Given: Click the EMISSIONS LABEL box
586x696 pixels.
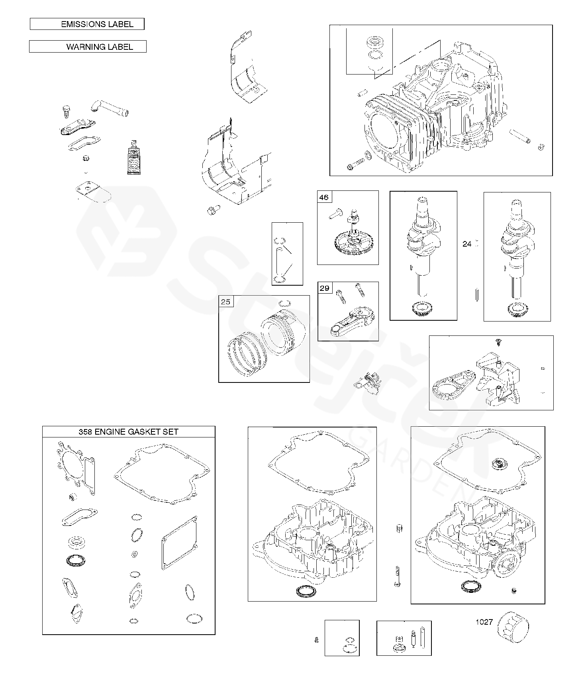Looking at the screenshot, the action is tap(87, 24).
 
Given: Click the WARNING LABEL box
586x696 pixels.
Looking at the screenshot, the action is tap(88, 47).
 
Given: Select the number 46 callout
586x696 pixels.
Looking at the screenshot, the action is tap(324, 197).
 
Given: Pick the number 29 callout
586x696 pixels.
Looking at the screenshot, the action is tap(325, 288).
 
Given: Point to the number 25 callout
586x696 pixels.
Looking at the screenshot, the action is tap(225, 302).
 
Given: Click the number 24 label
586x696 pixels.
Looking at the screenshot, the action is tap(467, 244).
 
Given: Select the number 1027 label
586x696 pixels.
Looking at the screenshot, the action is tap(484, 621).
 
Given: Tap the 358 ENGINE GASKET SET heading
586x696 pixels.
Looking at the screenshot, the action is tap(128, 431).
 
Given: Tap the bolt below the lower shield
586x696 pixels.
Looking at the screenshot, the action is tap(214, 210).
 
